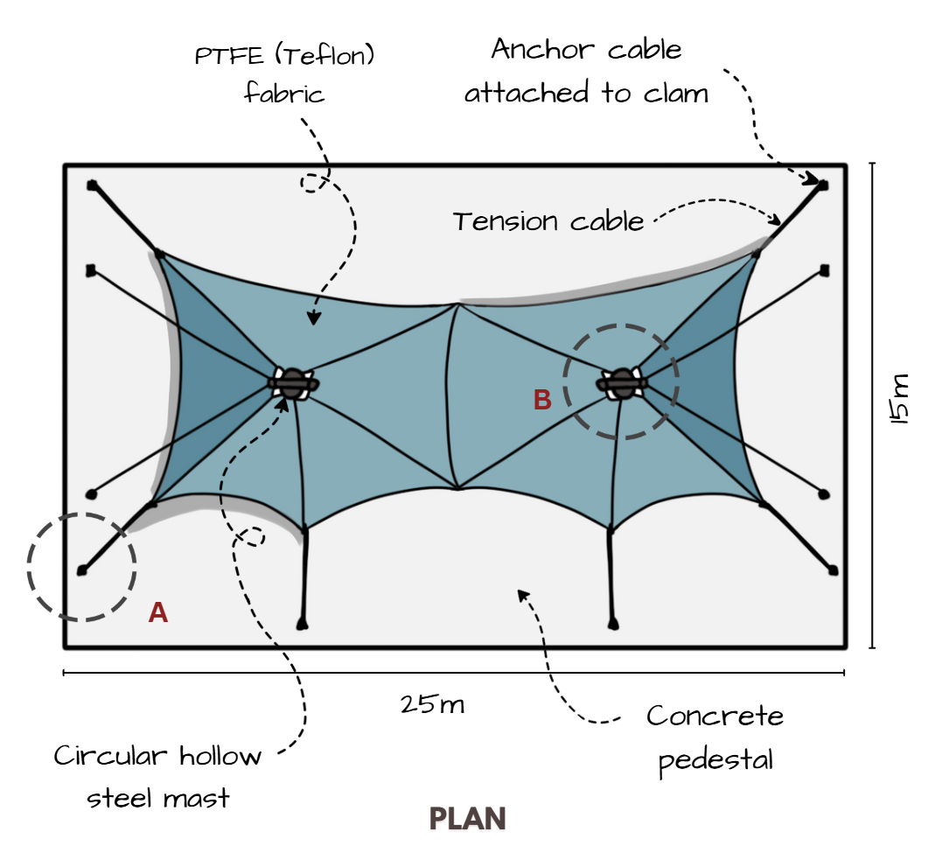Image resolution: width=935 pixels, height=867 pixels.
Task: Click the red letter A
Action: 158,612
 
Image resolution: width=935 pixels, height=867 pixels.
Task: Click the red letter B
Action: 542,400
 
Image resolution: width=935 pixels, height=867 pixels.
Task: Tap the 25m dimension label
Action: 432,704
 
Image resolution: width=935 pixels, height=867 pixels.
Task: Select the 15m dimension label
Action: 900,399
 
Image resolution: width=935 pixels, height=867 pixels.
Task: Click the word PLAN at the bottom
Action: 468,819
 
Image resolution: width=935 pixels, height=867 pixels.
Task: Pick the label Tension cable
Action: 548,221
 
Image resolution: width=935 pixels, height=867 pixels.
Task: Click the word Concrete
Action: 715,717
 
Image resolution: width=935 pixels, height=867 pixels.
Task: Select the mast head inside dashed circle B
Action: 621,382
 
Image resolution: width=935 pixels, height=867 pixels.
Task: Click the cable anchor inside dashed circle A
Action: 82,570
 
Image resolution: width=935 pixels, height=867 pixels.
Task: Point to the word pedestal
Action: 715,759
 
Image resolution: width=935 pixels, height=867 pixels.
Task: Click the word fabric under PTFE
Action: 284,92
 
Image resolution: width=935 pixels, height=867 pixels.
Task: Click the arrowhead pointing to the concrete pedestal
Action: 522,595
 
